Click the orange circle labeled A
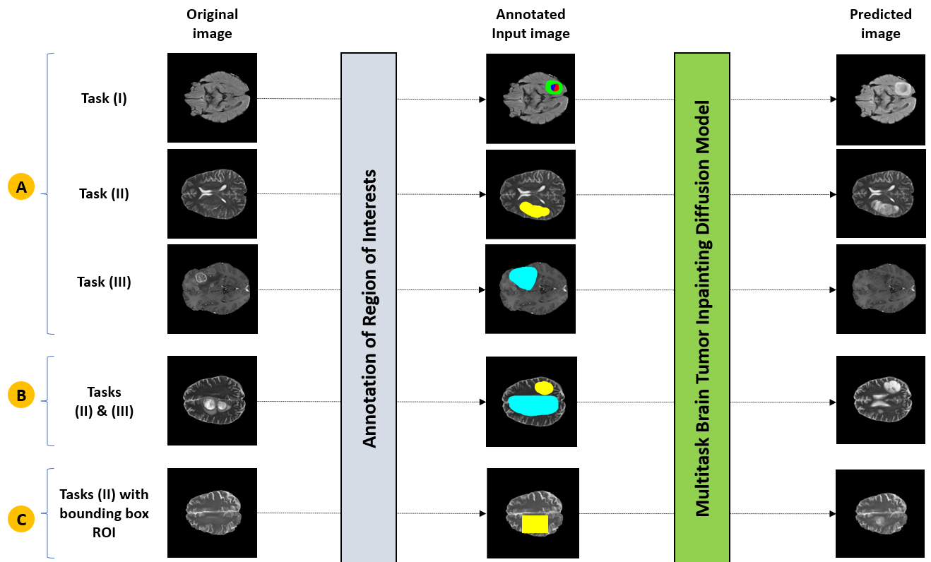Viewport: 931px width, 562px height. coord(22,187)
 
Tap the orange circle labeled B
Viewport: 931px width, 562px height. coord(22,396)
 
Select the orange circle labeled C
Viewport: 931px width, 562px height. coord(22,520)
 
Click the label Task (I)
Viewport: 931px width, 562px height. coord(104,98)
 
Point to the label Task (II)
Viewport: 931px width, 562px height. coord(104,193)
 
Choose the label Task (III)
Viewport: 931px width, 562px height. coord(104,282)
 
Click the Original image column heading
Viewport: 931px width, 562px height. coord(212,23)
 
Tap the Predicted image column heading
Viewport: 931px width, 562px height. coord(880,23)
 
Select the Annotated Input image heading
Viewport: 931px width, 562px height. coord(530,23)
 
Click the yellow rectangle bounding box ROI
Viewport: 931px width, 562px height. coord(535,524)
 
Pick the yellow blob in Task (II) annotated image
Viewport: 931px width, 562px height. coord(534,209)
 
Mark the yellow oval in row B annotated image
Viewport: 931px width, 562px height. coord(544,388)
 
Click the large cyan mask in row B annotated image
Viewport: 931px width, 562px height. coord(533,405)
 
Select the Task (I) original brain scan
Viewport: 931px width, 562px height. coord(212,98)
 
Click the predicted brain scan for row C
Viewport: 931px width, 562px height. coord(880,513)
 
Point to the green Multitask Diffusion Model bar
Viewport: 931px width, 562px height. coord(702,307)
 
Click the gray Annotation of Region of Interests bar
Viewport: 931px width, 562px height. coord(369,307)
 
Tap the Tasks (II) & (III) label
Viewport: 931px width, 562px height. coord(104,401)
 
